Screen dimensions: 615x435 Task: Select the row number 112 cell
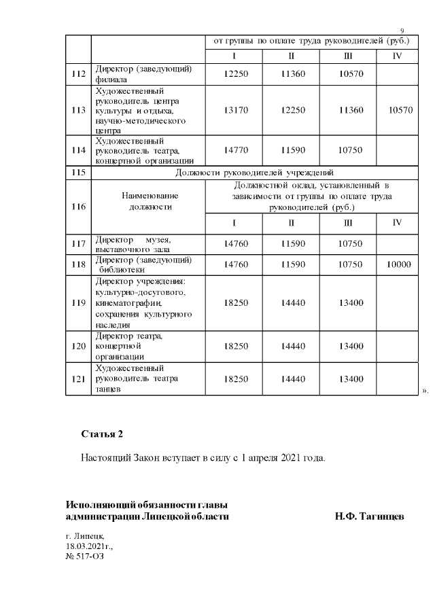78,73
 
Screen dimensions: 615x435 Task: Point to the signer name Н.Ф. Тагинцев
370,516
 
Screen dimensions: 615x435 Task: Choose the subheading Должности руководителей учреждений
254,173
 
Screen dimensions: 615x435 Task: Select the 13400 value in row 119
348,302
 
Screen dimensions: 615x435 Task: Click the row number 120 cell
78,346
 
